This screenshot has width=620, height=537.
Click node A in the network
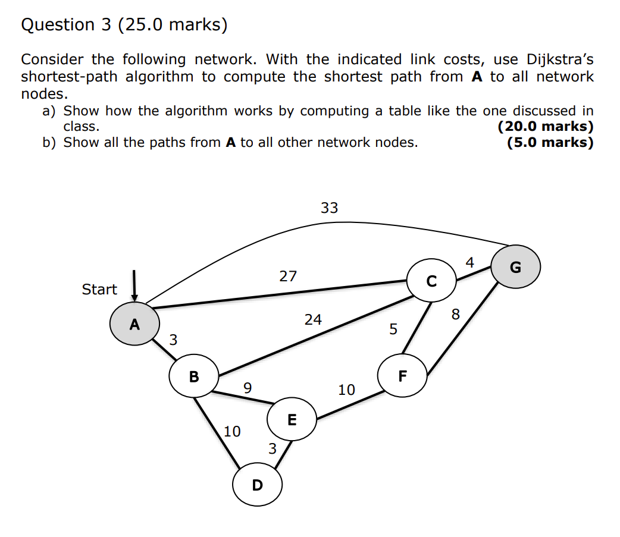coord(135,324)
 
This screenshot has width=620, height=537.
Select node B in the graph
coord(194,376)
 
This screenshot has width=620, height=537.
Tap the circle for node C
coord(432,281)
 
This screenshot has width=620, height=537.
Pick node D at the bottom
coord(257,485)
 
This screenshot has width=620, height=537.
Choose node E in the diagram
coord(292,420)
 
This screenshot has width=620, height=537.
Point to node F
coord(403,376)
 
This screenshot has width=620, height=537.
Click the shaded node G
coord(515,268)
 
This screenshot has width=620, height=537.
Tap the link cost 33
coord(329,208)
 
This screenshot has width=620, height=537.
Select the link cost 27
coord(288,276)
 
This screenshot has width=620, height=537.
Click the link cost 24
coord(313,319)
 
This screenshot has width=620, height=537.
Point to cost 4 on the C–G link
coord(470,262)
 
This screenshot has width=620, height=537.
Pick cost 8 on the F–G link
coord(456,314)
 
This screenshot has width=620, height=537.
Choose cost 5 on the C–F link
coord(393,329)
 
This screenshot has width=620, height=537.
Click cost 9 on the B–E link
coord(248,388)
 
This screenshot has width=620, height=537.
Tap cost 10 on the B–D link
coord(232,431)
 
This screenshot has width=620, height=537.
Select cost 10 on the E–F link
coord(346,390)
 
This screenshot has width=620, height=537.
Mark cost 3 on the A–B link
coord(173,340)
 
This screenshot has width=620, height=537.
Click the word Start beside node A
coord(99,289)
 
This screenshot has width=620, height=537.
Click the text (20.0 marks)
coord(545,126)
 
